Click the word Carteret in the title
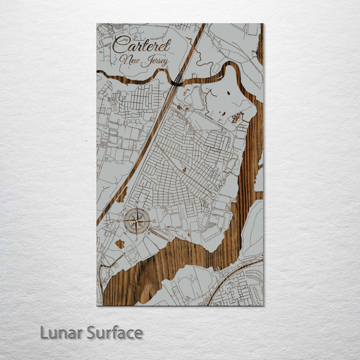(141, 45)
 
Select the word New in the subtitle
(129, 59)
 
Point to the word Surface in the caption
(114, 332)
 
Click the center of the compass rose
(137, 221)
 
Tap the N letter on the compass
(137, 203)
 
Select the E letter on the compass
(154, 221)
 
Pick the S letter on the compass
(137, 238)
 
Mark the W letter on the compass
(118, 221)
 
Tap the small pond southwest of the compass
(120, 244)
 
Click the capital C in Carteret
(119, 45)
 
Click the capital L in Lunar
(44, 332)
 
